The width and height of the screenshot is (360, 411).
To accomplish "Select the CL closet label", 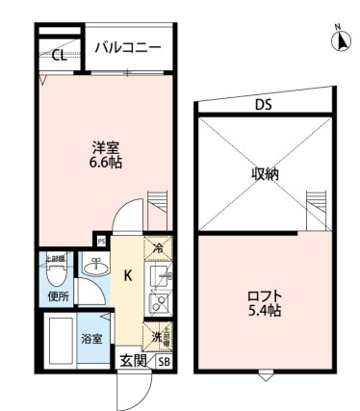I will pyautogui.click(x=59, y=55).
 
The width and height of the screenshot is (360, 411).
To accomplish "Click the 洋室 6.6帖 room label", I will pyautogui.click(x=106, y=155).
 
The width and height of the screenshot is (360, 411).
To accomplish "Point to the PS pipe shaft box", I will pyautogui.click(x=100, y=241).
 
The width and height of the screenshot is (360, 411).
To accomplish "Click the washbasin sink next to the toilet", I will pyautogui.click(x=93, y=270).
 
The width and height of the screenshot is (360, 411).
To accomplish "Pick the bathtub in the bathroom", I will pyautogui.click(x=61, y=340).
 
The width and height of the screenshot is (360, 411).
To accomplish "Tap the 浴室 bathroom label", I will pyautogui.click(x=91, y=340).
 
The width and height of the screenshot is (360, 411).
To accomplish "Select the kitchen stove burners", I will pyautogui.click(x=159, y=303).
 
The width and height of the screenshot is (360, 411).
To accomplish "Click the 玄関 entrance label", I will pyautogui.click(x=132, y=361).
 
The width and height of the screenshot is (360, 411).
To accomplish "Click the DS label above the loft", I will pyautogui.click(x=262, y=105).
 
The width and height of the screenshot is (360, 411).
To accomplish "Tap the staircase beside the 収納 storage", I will pyautogui.click(x=315, y=208).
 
